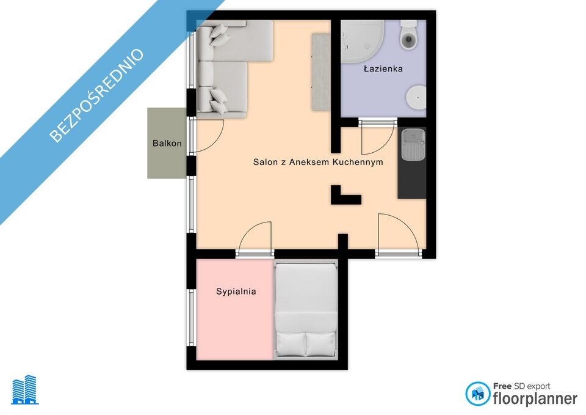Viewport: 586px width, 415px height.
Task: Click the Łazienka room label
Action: point(383,68)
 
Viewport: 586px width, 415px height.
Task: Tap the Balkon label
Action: point(167,143)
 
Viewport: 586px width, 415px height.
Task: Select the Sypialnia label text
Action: point(236,292)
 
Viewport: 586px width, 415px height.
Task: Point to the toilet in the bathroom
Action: point(408,34)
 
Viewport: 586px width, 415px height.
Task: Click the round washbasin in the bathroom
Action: point(416,97)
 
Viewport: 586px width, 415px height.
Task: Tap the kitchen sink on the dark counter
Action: point(413,144)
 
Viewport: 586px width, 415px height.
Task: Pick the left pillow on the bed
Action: point(291,344)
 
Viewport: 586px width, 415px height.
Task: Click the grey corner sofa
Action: point(228,67)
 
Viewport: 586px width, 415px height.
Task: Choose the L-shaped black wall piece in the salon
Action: point(343,196)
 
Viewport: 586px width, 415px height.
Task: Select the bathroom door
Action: point(377,136)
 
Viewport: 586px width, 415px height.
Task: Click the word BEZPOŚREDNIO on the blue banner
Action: point(96,95)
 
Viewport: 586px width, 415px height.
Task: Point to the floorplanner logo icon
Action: point(477,394)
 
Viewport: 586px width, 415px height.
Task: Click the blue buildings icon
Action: point(25,390)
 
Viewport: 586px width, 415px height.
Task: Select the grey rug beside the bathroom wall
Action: point(321,72)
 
